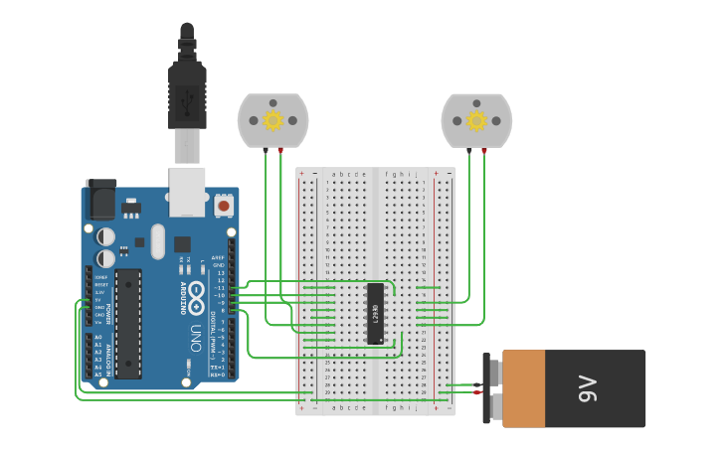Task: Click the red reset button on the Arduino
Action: (x=224, y=206)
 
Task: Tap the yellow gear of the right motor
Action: (x=476, y=120)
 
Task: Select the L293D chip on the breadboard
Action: (x=375, y=314)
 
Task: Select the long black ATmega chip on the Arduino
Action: (x=127, y=323)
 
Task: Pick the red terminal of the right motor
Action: (x=484, y=150)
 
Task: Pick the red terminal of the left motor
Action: (x=280, y=150)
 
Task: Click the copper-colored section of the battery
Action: (x=524, y=388)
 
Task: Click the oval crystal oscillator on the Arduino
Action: (x=157, y=241)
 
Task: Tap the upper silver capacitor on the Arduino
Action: (x=106, y=236)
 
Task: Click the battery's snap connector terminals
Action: (x=489, y=388)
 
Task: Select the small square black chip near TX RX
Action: (x=182, y=243)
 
